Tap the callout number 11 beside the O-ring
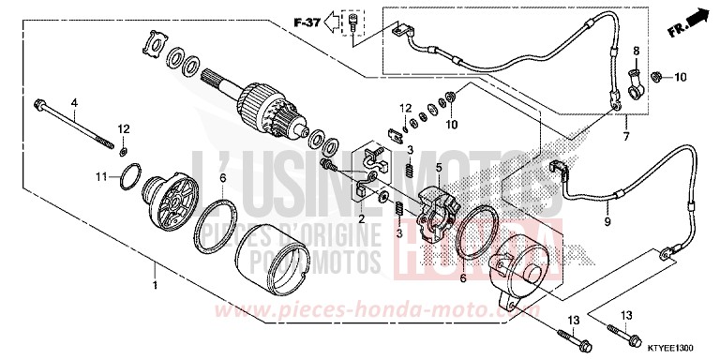click(x=100, y=175)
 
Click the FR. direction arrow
click(x=691, y=16)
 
